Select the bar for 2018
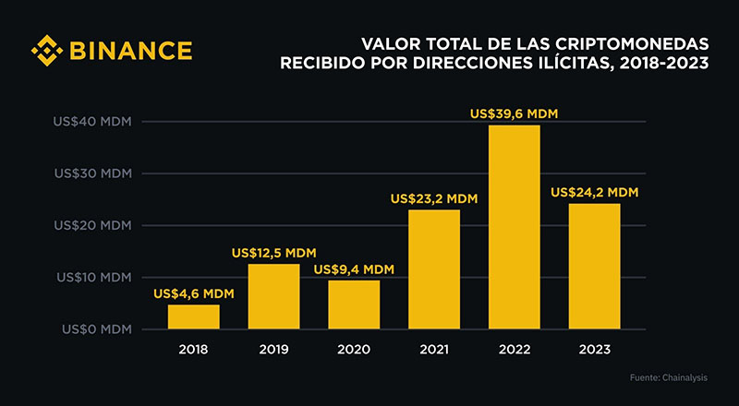194,316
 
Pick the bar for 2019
274,296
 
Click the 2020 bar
354,304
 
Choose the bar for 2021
434,269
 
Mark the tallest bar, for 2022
514,227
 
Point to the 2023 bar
594,266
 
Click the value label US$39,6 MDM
514,114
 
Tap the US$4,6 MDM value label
194,293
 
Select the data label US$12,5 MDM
274,253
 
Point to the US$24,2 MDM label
594,193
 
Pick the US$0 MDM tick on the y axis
95,328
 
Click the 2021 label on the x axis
434,350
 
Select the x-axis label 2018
194,350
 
